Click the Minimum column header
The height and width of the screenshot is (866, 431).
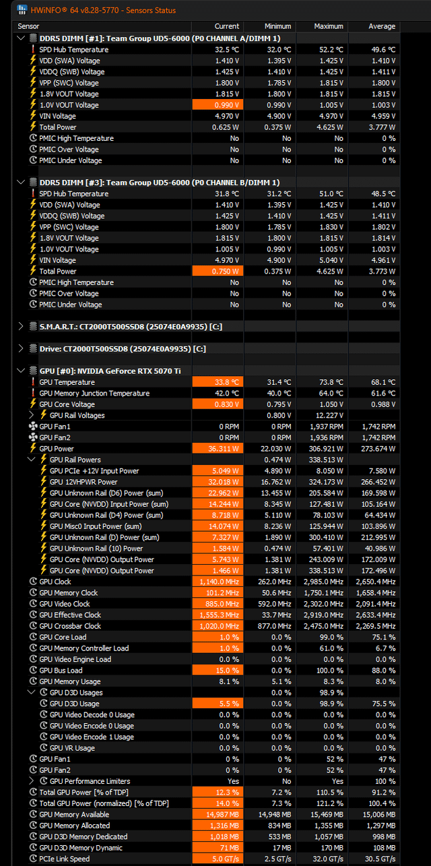pyautogui.click(x=277, y=26)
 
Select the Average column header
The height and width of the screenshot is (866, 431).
pyautogui.click(x=382, y=26)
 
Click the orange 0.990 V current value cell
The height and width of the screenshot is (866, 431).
pyautogui.click(x=218, y=104)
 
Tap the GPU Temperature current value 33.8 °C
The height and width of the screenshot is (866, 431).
pyautogui.click(x=218, y=382)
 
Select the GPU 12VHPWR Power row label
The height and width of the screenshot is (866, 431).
pyautogui.click(x=84, y=482)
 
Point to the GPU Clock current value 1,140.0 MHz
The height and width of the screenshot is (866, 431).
pyautogui.click(x=218, y=582)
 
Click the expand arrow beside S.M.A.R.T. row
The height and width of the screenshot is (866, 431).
pyautogui.click(x=21, y=327)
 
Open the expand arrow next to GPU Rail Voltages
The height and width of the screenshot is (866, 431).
pyautogui.click(x=31, y=415)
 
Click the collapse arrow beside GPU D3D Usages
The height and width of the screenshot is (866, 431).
pyautogui.click(x=31, y=692)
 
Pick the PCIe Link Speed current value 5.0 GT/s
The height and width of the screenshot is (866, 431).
pyautogui.click(x=218, y=859)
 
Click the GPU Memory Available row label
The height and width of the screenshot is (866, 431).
pyautogui.click(x=74, y=814)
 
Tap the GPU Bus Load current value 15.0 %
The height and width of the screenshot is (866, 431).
pyautogui.click(x=218, y=671)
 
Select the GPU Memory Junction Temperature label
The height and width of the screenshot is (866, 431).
pyautogui.click(x=94, y=393)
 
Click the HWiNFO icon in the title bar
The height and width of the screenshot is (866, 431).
pyautogui.click(x=22, y=9)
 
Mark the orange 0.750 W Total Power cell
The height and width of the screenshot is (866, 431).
pyautogui.click(x=218, y=271)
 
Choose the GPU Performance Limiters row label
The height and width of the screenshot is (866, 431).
pyautogui.click(x=90, y=781)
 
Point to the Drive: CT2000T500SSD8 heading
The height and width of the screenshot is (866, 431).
pyautogui.click(x=123, y=348)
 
